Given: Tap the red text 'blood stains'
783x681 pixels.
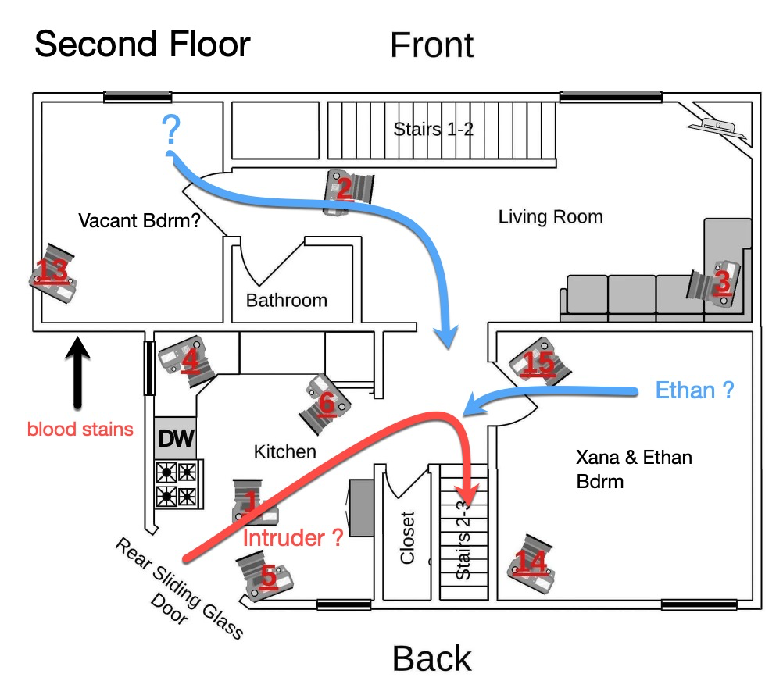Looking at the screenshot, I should (80, 429).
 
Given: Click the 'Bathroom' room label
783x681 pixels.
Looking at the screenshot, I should (287, 300).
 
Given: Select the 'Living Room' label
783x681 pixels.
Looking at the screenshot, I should (551, 216).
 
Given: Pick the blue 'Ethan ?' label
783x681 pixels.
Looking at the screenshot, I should (695, 390).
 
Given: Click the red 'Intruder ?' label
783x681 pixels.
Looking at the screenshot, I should (293, 537).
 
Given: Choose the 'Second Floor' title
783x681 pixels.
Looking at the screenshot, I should (142, 45).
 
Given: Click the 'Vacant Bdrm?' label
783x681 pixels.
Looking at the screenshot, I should (139, 221).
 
